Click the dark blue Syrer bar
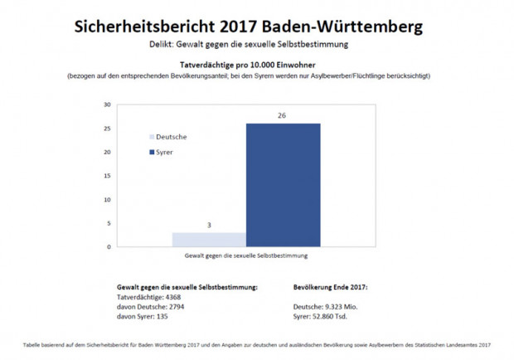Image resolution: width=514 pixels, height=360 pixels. pos(283,184)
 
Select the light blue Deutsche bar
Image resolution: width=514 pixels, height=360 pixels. pos(209,239)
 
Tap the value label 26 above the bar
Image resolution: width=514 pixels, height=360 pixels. pos(283,115)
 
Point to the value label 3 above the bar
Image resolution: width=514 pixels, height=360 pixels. pos(209,225)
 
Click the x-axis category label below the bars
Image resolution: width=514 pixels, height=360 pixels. pos(245,256)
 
